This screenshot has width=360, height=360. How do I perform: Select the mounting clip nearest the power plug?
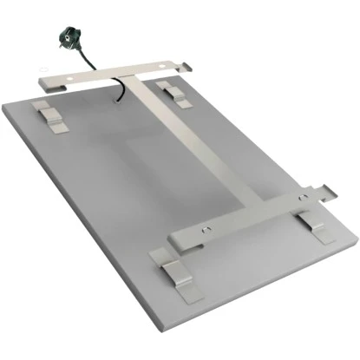coord(51,116)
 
